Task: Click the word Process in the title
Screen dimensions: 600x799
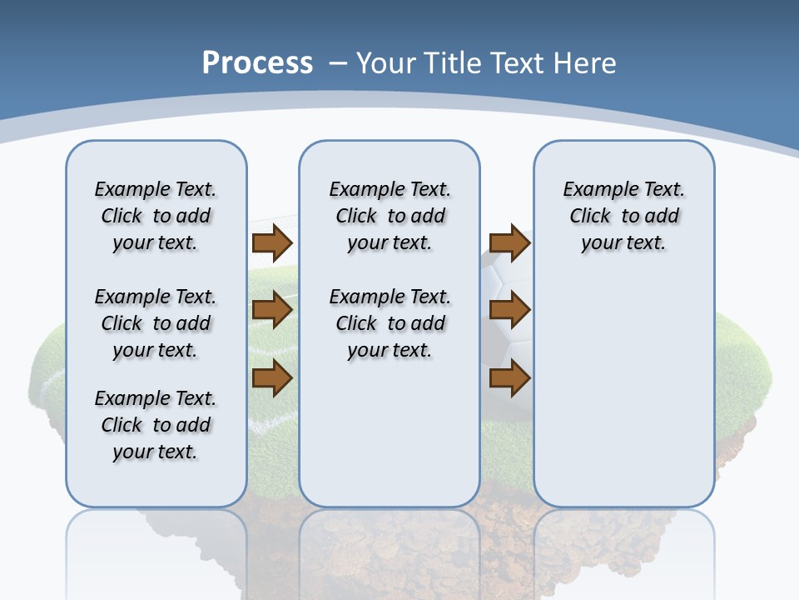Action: pyautogui.click(x=257, y=63)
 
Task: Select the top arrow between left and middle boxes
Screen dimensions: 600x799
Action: pyautogui.click(x=272, y=242)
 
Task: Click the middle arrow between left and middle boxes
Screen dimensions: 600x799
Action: pyautogui.click(x=272, y=310)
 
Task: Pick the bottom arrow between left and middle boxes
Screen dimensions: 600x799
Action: pyautogui.click(x=272, y=378)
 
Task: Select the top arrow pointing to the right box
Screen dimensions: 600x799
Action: pyautogui.click(x=509, y=242)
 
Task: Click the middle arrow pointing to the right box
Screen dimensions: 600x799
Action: pyautogui.click(x=509, y=310)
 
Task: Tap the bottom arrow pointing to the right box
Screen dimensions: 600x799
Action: pyautogui.click(x=509, y=378)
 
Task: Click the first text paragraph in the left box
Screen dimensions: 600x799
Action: pyautogui.click(x=156, y=216)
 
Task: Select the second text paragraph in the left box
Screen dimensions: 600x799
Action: pyautogui.click(x=156, y=323)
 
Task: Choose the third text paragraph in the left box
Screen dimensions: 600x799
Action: pyautogui.click(x=156, y=425)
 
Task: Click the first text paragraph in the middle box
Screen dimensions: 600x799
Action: pyautogui.click(x=390, y=216)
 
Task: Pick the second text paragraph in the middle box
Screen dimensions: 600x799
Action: pyautogui.click(x=390, y=323)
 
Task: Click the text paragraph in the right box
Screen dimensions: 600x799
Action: pyautogui.click(x=623, y=216)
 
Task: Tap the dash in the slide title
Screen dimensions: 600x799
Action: pyautogui.click(x=338, y=63)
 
